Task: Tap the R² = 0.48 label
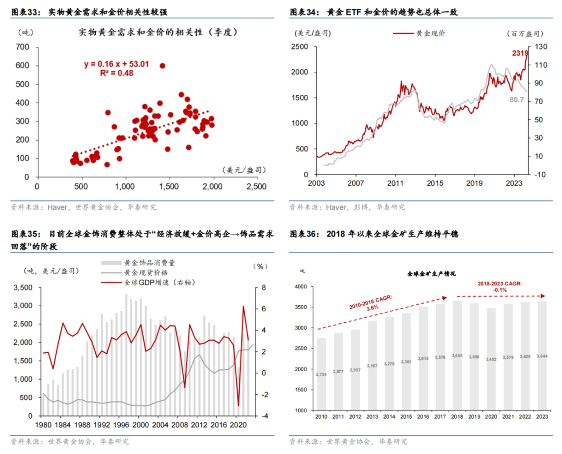point(117,73)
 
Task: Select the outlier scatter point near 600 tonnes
point(162,66)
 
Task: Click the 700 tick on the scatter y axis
point(22,47)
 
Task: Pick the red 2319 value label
point(520,53)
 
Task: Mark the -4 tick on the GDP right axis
point(264,416)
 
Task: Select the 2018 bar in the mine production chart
point(457,355)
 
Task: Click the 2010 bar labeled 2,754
point(322,374)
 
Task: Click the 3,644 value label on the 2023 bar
point(542,357)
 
